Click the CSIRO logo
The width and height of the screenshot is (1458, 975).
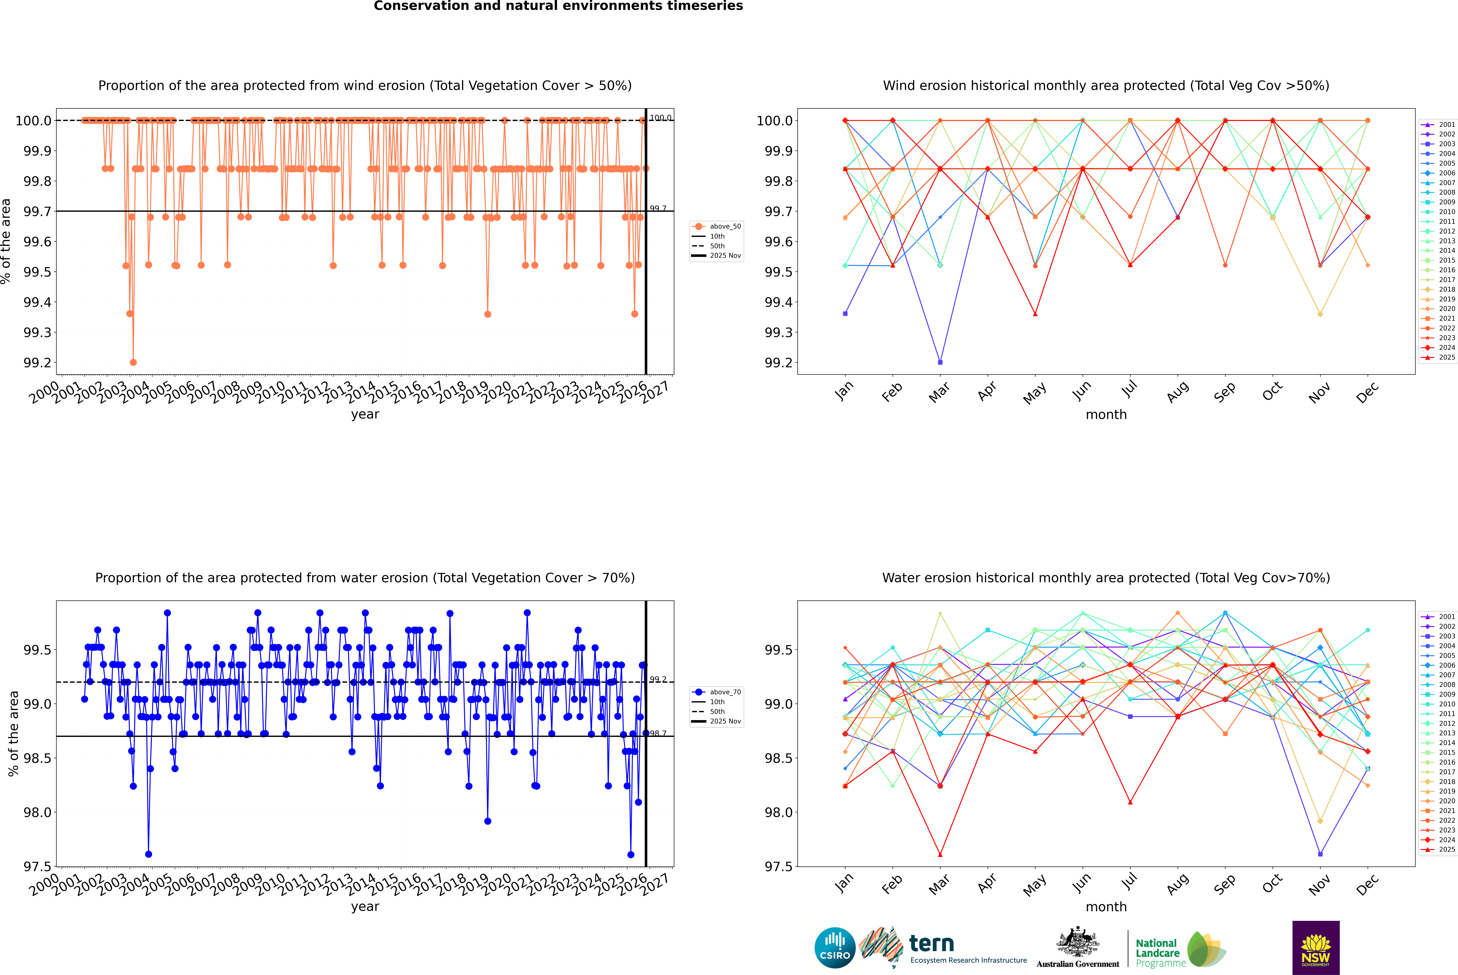tap(835, 948)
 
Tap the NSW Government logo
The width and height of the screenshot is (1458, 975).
tap(1316, 948)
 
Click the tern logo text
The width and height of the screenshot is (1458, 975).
tap(931, 944)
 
